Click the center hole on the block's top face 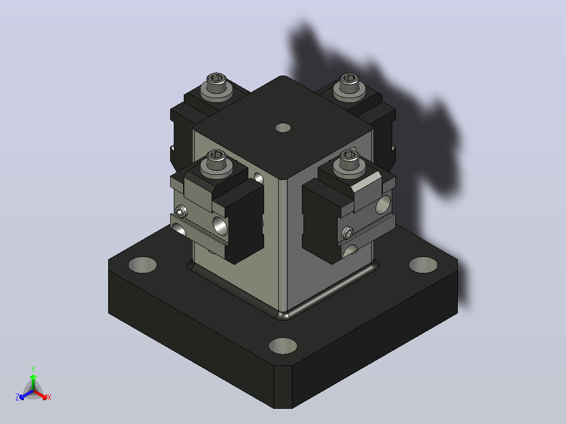click(x=283, y=128)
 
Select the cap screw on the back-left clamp click(x=216, y=87)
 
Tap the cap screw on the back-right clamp click(x=349, y=87)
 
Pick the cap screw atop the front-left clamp click(x=216, y=165)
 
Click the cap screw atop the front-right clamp click(x=349, y=165)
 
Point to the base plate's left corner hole click(x=143, y=265)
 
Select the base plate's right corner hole click(x=423, y=265)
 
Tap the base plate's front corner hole click(x=283, y=346)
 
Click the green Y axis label click(x=33, y=369)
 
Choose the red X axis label click(x=49, y=397)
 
